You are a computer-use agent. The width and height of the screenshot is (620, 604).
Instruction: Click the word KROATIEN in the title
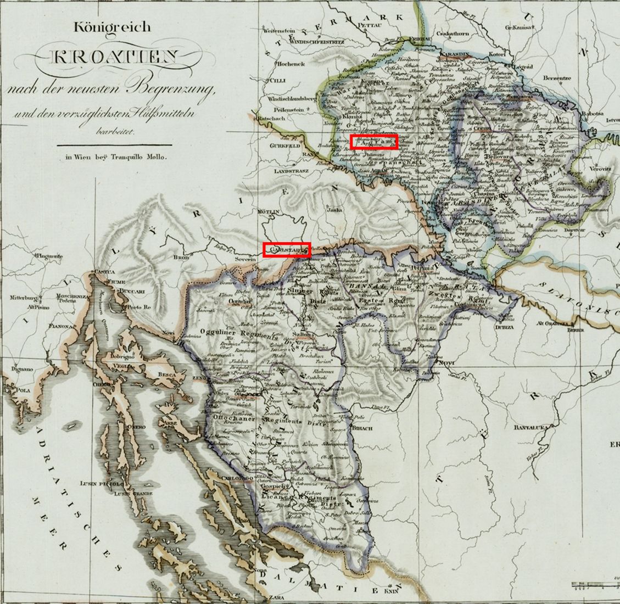114,57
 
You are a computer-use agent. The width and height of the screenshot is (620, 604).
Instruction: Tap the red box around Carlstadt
287,250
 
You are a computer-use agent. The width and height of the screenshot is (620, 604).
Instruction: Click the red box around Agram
374,141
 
